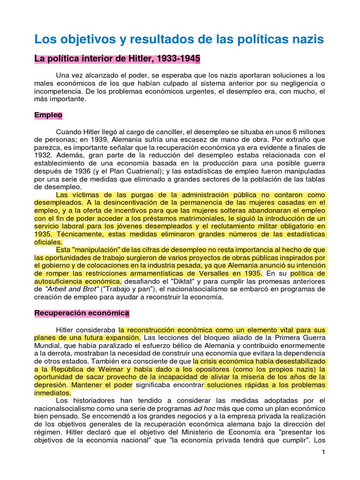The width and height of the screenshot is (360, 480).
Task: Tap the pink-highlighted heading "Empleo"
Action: pyautogui.click(x=48, y=115)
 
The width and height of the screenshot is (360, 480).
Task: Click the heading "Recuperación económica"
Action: pyautogui.click(x=82, y=313)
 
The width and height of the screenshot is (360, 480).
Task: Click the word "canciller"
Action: pyautogui.click(x=178, y=132)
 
